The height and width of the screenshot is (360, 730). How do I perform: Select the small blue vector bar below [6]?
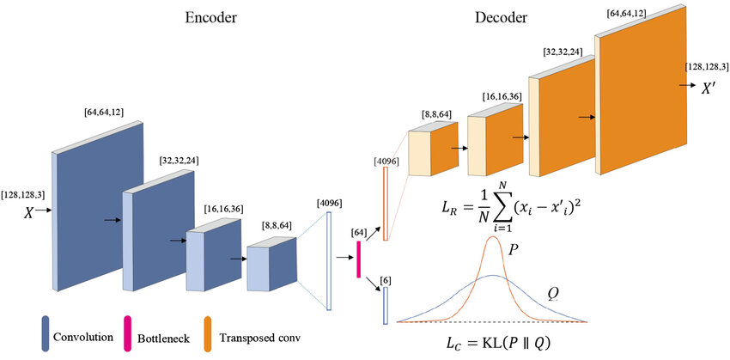386,305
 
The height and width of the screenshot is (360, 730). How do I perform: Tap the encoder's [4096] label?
329,204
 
